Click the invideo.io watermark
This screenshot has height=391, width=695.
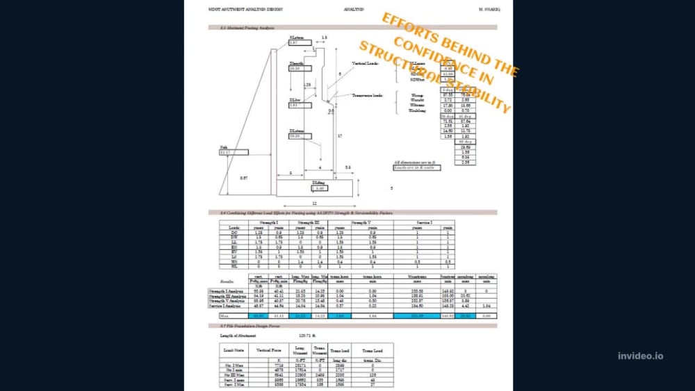click(640, 356)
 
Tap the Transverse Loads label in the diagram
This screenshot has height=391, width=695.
click(368, 96)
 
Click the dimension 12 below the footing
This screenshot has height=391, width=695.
click(313, 203)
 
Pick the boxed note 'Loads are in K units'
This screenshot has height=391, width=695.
click(417, 168)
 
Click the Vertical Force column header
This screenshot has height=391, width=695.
click(268, 351)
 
